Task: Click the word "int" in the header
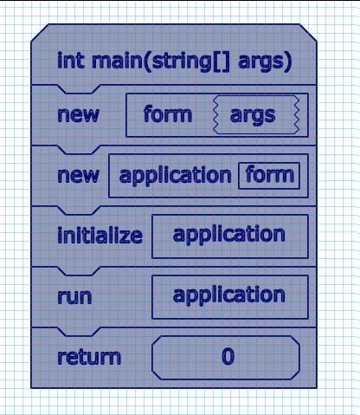[71, 61]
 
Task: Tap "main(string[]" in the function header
[161, 62]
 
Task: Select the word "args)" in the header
[265, 62]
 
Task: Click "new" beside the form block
[79, 115]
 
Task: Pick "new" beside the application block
[79, 176]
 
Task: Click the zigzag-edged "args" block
[256, 115]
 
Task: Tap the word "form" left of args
[168, 114]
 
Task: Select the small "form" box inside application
[269, 176]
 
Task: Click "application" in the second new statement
[175, 176]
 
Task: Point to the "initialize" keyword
[100, 235]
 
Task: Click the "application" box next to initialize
[230, 237]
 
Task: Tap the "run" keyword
[74, 296]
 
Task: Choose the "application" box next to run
[230, 297]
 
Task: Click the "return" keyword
[89, 357]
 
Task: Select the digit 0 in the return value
[228, 356]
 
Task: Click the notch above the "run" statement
[79, 271]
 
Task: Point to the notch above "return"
[79, 332]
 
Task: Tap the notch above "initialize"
[79, 211]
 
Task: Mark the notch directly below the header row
[79, 89]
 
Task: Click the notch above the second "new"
[79, 150]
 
